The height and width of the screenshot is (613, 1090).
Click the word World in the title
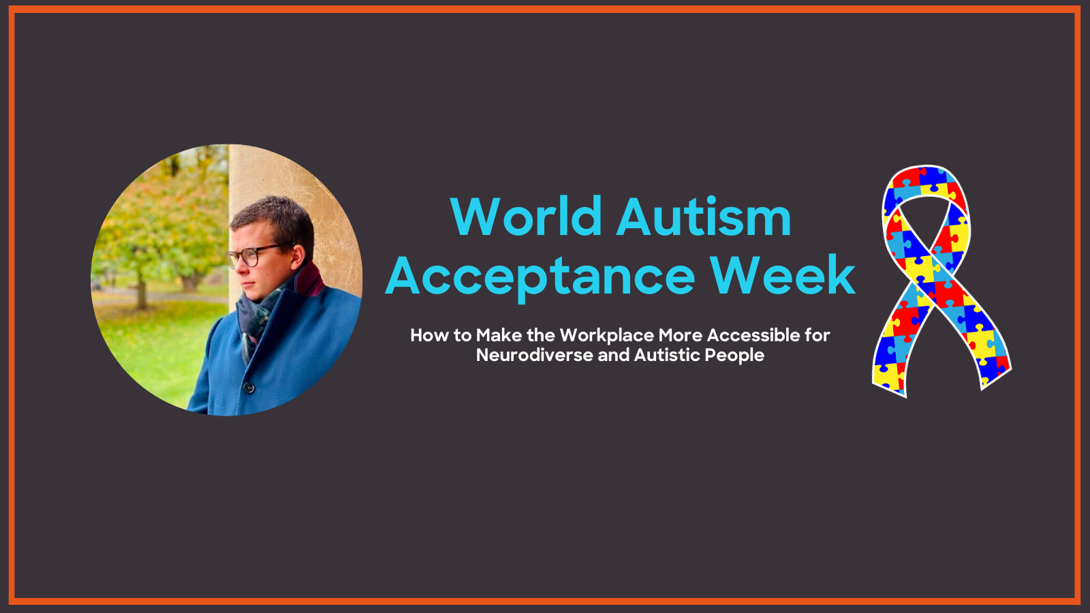(x=526, y=217)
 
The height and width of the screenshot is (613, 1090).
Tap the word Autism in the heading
(x=704, y=217)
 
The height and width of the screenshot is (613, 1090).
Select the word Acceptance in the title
(x=540, y=276)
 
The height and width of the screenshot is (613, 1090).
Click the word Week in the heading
(x=783, y=275)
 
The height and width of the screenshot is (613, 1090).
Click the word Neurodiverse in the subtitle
(x=534, y=355)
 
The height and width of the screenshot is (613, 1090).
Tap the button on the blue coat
(x=249, y=388)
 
